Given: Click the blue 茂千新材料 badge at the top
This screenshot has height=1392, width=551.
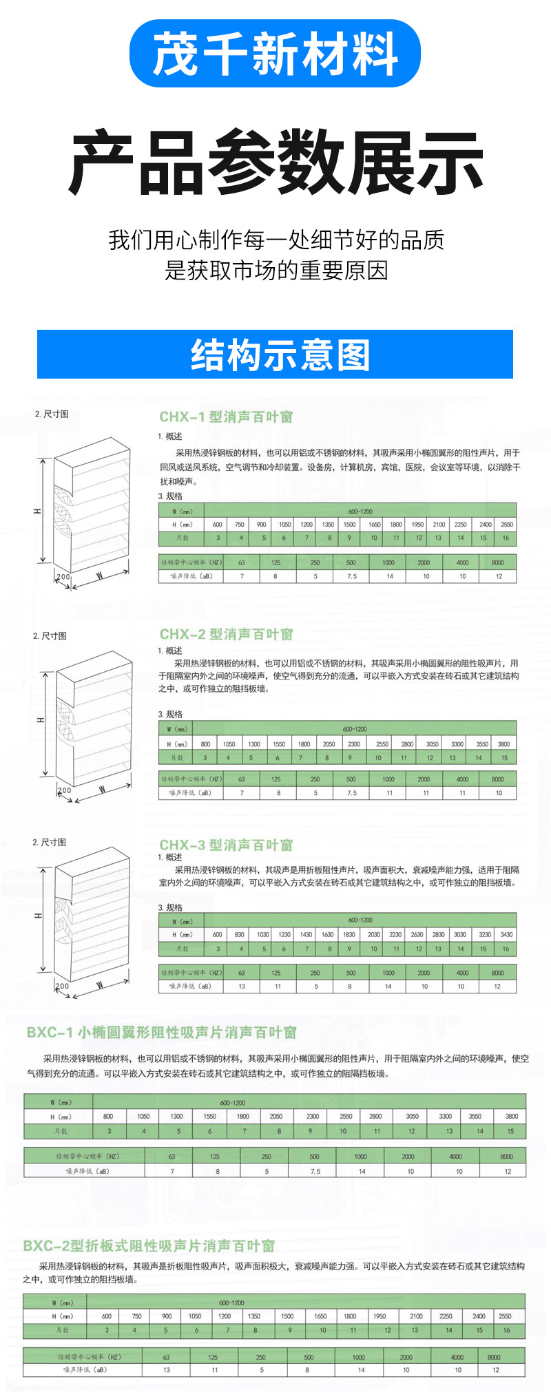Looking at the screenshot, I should click(275, 54).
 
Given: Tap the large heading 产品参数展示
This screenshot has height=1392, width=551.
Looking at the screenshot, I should click(275, 164).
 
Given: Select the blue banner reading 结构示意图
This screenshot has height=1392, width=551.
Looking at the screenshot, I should click(275, 355).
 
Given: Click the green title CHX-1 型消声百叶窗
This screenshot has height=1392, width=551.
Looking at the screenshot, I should click(226, 416).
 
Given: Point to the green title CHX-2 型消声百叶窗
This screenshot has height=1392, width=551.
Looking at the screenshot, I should click(226, 634).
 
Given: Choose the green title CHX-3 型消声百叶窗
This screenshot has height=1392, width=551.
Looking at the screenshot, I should click(226, 845).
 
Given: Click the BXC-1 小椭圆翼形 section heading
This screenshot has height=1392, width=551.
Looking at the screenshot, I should click(161, 1032).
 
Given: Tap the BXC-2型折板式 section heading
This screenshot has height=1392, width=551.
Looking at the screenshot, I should click(149, 1245).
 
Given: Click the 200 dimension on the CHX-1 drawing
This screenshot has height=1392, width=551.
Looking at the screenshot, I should click(63, 577).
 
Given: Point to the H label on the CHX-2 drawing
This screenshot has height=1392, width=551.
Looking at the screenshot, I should click(41, 719).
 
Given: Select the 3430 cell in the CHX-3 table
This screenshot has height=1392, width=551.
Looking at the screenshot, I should click(506, 934).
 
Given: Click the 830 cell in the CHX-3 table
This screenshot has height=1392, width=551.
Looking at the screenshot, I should click(239, 934).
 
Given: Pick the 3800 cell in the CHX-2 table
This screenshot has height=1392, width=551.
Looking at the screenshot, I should click(504, 744).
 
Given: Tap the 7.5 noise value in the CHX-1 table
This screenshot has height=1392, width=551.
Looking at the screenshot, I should click(351, 576).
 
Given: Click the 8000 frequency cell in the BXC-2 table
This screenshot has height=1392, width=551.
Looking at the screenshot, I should click(494, 1357).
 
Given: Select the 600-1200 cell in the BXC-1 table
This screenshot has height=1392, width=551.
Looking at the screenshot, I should click(232, 1102).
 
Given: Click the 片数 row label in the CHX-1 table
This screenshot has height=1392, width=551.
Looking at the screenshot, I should click(181, 538).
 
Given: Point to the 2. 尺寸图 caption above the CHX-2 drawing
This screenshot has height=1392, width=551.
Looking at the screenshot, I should click(50, 635).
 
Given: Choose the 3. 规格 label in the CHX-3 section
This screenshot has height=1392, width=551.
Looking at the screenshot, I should click(170, 907).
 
